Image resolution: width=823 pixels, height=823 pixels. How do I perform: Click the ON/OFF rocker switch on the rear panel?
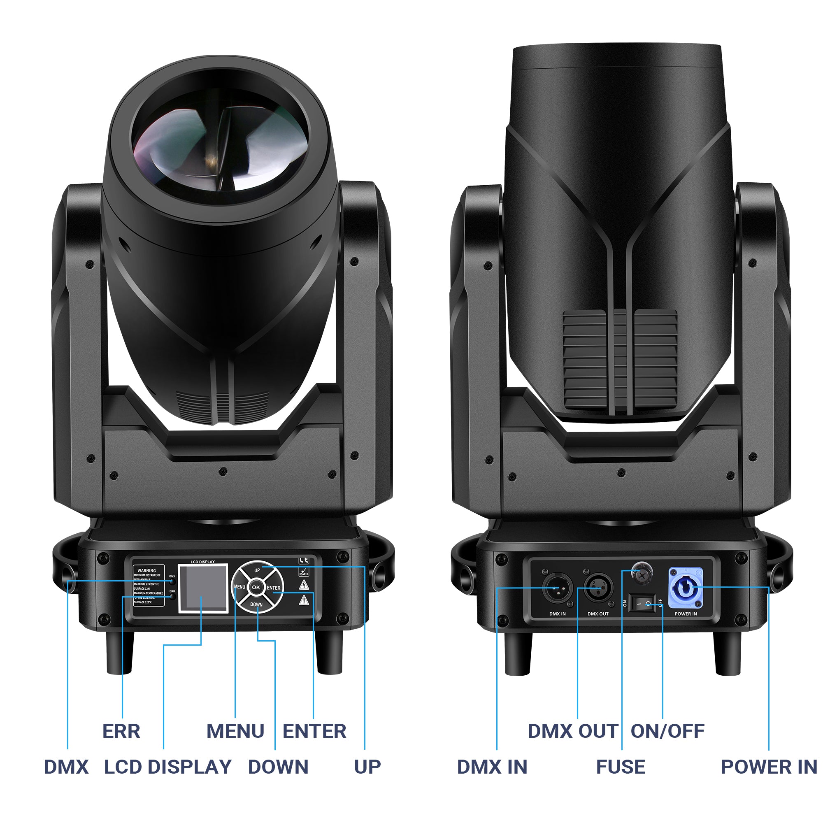(x=642, y=604)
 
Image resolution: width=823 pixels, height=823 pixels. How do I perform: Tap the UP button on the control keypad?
(x=257, y=570)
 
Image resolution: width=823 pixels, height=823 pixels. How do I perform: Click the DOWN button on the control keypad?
(x=256, y=604)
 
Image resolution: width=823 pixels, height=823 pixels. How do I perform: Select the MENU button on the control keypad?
(x=239, y=587)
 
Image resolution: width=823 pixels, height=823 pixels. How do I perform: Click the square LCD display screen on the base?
(x=203, y=588)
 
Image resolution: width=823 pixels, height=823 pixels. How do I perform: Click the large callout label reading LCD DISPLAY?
(x=167, y=767)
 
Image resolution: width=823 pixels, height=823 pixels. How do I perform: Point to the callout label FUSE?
(x=620, y=767)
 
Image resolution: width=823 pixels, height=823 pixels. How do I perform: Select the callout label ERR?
(x=121, y=731)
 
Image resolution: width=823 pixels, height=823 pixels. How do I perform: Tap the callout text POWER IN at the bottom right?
(x=768, y=767)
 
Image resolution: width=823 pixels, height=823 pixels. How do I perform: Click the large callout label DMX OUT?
(x=572, y=731)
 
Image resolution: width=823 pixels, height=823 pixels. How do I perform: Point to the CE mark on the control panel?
(x=303, y=560)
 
